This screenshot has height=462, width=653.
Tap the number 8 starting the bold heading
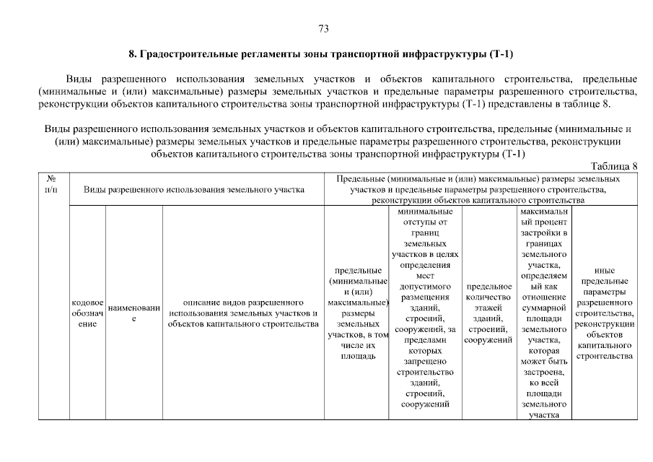[132, 54]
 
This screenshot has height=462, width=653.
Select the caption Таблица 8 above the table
[614, 166]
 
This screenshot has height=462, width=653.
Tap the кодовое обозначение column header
[88, 313]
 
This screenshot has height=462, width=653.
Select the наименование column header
[133, 313]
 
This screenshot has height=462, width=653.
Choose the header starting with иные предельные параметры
[605, 313]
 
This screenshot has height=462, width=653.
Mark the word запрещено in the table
[425, 361]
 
